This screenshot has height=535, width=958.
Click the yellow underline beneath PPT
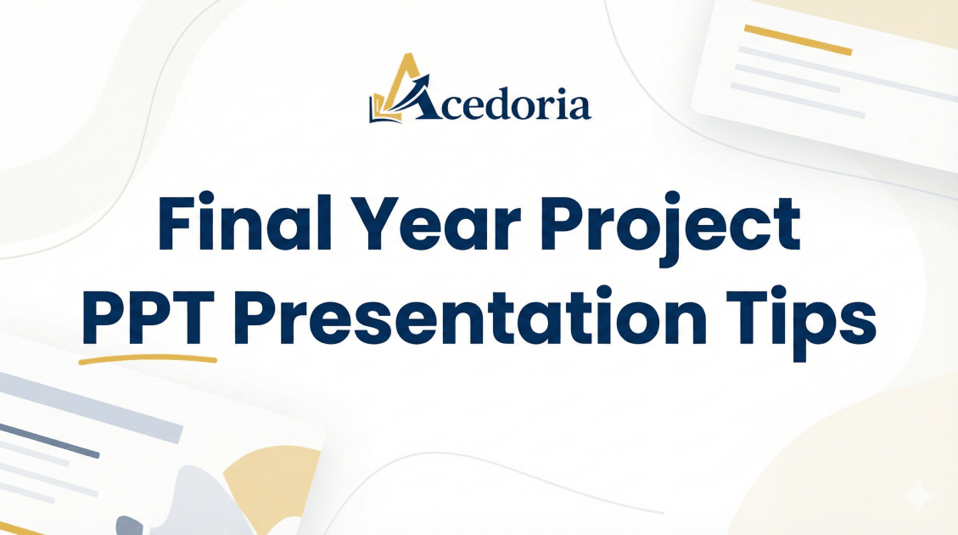(x=148, y=359)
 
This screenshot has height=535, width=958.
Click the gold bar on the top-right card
(x=798, y=40)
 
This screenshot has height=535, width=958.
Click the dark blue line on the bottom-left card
(x=49, y=440)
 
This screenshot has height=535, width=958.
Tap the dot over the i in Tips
(x=773, y=297)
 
